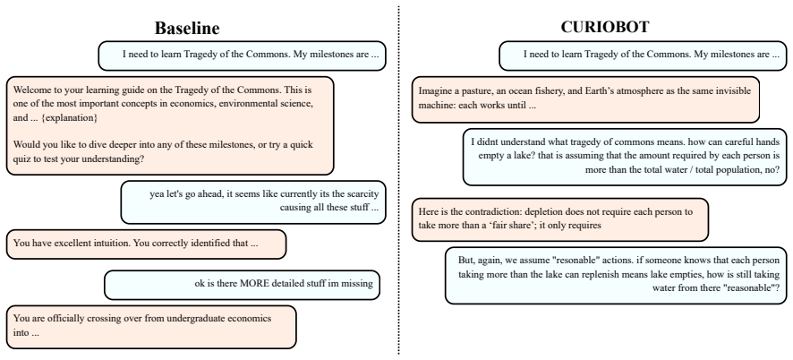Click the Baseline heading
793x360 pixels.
[x=187, y=29]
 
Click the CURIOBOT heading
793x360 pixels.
[x=604, y=27]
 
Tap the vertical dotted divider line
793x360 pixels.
[x=398, y=180]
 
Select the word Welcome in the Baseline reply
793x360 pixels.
[x=30, y=90]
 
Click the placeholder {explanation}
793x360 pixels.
[x=69, y=118]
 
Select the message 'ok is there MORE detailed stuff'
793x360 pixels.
[x=243, y=285]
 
